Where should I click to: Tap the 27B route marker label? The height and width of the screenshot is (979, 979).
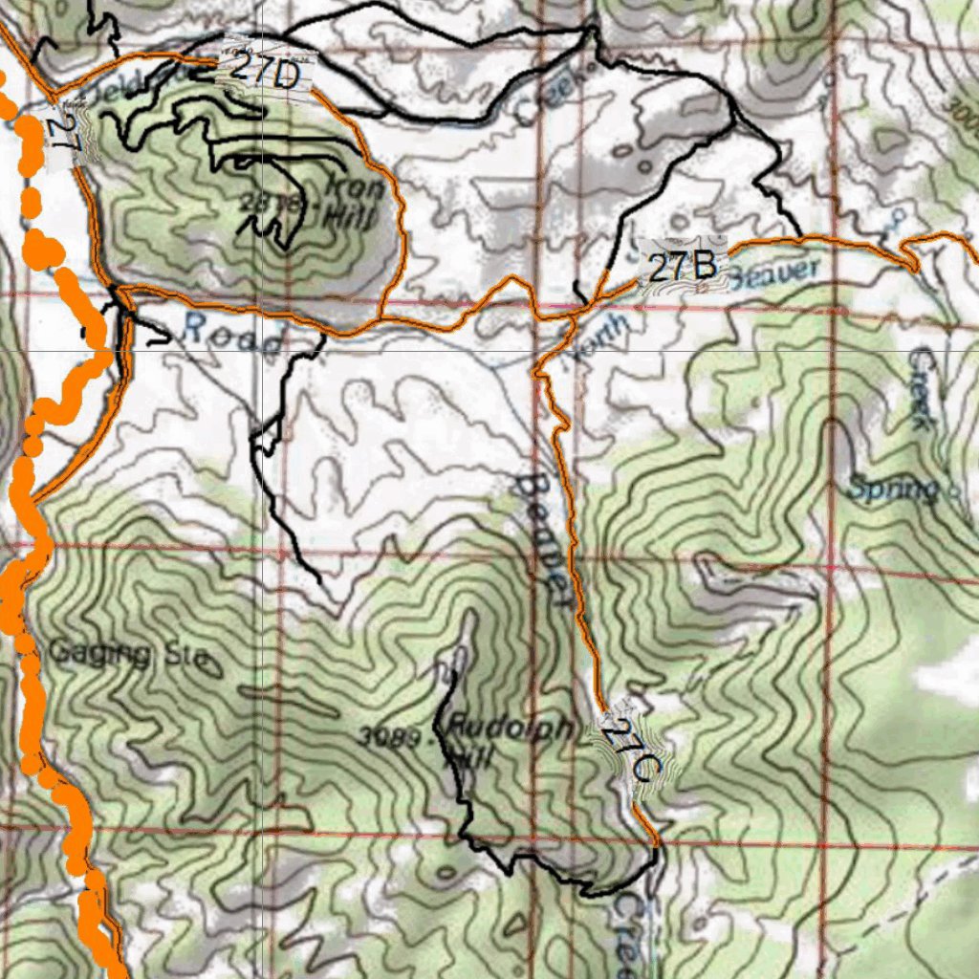coord(683,266)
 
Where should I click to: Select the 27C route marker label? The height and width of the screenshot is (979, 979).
coord(632,750)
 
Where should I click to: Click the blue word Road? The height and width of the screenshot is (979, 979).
coord(231,334)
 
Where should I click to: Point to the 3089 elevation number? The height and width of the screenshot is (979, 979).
coord(393,737)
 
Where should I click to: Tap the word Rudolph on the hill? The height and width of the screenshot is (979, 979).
coord(511,729)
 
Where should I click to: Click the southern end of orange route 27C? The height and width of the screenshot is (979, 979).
coord(656,843)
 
